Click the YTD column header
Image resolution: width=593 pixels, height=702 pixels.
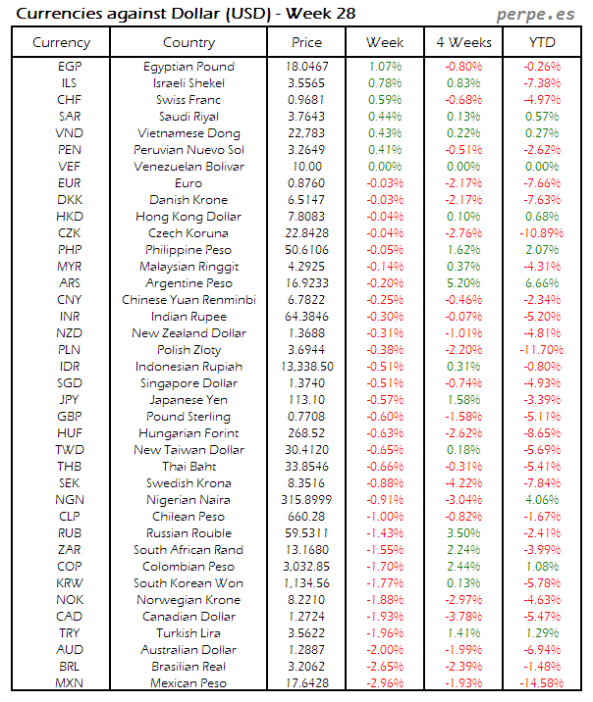[542, 42]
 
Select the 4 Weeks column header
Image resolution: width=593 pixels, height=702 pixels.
[463, 42]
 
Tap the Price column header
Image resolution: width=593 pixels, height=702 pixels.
[306, 42]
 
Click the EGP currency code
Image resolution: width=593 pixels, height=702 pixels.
[70, 67]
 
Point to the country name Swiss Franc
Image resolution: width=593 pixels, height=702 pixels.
[189, 100]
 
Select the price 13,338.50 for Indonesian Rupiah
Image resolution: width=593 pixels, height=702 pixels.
[306, 367]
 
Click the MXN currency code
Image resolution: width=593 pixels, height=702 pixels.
[70, 683]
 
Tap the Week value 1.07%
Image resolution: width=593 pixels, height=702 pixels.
[384, 67]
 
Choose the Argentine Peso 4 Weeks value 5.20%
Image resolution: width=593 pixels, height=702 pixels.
[463, 283]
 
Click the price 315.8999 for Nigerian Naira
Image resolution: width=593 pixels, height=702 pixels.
[306, 500]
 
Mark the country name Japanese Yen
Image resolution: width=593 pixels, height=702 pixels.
[189, 400]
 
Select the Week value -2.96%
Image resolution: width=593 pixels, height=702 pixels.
[384, 683]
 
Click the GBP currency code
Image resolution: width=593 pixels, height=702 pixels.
[70, 417]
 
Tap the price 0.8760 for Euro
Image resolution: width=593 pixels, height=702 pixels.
[306, 183]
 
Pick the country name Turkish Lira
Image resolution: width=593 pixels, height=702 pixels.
[189, 633]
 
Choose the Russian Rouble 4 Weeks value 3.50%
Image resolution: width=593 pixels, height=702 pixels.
[463, 533]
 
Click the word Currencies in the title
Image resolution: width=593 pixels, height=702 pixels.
[56, 14]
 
